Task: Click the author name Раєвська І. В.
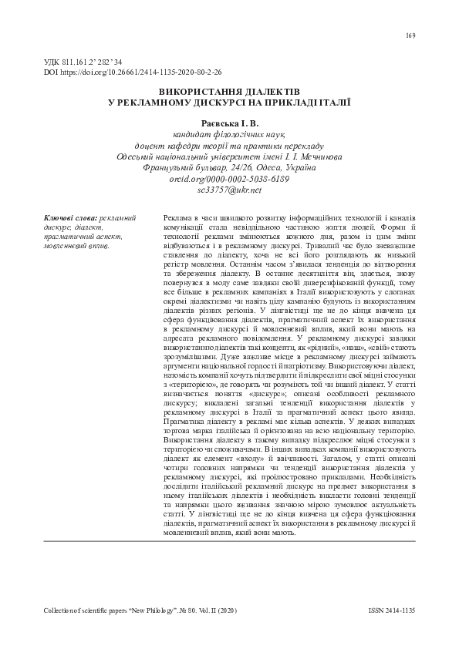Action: coord(229,123)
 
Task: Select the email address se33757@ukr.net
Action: coord(229,189)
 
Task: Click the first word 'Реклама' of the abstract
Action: coord(179,218)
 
